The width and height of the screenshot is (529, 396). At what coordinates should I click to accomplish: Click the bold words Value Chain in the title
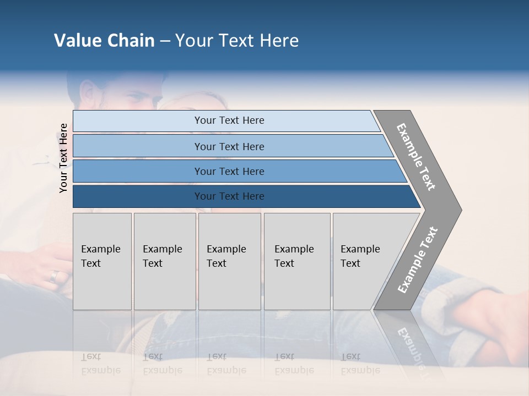click(104, 41)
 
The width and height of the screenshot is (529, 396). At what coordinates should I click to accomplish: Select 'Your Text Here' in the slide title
click(237, 41)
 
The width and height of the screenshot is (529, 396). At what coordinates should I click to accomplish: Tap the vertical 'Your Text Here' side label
click(63, 158)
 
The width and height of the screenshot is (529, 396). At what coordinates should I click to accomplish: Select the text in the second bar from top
click(229, 147)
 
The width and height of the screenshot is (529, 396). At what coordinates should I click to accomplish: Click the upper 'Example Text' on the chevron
click(416, 157)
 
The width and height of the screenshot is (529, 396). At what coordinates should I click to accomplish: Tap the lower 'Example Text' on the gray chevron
click(418, 260)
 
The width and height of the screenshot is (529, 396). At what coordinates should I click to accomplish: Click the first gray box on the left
click(102, 261)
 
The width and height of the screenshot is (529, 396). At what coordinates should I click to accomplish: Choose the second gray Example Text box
click(164, 261)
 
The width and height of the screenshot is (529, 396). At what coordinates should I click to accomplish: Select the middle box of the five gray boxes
click(229, 261)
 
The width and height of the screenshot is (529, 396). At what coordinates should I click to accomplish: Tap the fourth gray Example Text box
click(296, 261)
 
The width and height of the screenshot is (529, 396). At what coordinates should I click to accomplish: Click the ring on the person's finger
click(53, 276)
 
